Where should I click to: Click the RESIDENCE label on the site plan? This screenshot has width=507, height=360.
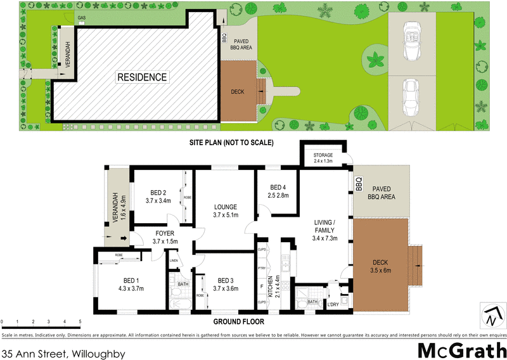pos(142,77)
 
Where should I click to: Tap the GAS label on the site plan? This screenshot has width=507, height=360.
pos(82,18)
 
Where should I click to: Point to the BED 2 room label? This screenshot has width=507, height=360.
pos(158,193)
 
